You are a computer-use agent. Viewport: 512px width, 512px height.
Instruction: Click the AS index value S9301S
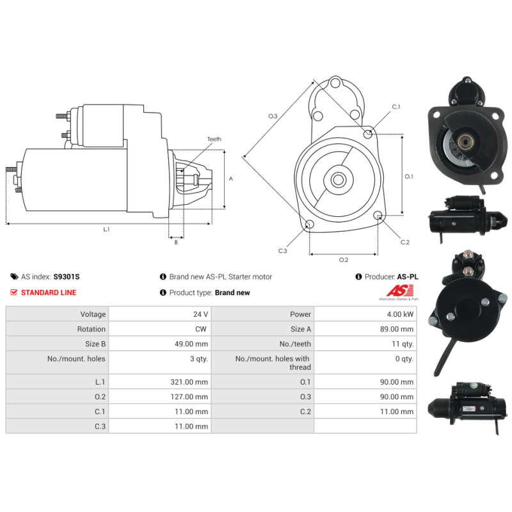coord(67,276)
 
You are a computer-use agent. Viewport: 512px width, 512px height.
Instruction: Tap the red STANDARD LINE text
coord(49,292)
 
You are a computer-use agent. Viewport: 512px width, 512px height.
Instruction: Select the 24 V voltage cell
coord(200,314)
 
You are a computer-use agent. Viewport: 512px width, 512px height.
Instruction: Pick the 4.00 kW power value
coord(400,314)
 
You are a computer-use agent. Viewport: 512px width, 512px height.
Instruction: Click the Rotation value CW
coord(201,329)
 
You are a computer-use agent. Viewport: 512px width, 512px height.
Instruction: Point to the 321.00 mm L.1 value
coord(189,381)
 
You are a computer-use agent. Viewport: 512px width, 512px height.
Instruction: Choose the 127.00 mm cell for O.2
coord(189,397)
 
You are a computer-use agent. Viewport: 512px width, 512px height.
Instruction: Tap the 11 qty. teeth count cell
coord(403,344)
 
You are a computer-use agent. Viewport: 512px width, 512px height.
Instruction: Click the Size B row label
coord(95,344)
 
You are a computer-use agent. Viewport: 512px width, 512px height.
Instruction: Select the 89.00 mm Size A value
coord(397,329)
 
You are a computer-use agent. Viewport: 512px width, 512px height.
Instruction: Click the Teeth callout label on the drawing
coord(214,139)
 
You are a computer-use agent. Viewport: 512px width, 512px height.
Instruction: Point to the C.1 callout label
coord(396,107)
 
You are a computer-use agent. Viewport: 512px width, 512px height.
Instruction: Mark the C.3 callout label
coord(282,251)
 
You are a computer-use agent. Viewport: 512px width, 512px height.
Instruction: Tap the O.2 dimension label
coord(344,260)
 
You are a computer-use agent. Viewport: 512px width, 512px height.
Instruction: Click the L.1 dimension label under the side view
coord(106,229)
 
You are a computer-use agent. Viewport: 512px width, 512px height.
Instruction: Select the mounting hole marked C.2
coord(378,215)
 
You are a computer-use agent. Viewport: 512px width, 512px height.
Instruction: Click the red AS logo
coord(399,291)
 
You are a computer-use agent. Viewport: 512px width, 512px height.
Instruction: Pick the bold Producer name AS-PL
coord(408,276)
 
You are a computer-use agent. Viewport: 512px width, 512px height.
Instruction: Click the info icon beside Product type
coord(163,292)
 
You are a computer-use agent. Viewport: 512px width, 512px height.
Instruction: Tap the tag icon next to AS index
coord(14,276)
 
